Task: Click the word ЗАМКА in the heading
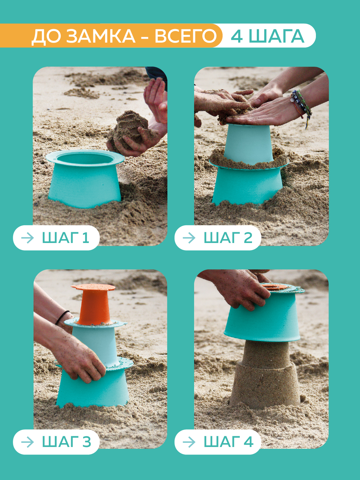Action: [x=100, y=36]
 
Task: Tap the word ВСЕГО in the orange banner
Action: [x=186, y=36]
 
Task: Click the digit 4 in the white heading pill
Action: [x=237, y=36]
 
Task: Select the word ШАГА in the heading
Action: [x=277, y=36]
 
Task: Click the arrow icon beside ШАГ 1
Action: [x=28, y=238]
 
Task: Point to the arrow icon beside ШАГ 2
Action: [x=189, y=238]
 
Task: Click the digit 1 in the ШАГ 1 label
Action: [x=86, y=238]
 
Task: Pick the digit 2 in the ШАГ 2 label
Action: [x=248, y=238]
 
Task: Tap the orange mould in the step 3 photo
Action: [x=94, y=304]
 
